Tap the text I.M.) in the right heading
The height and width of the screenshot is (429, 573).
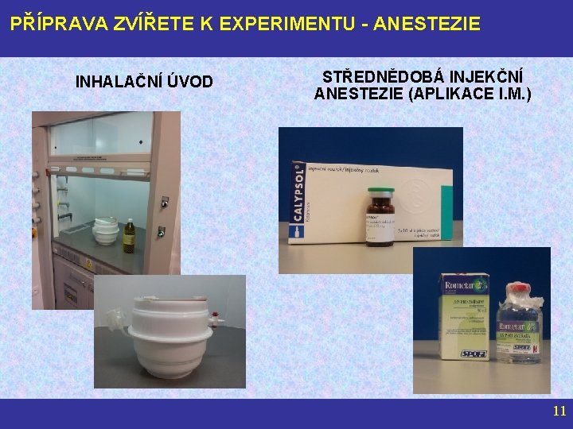click(512, 94)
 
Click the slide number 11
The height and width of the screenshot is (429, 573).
click(559, 411)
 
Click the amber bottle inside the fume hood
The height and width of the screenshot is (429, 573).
click(129, 236)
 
